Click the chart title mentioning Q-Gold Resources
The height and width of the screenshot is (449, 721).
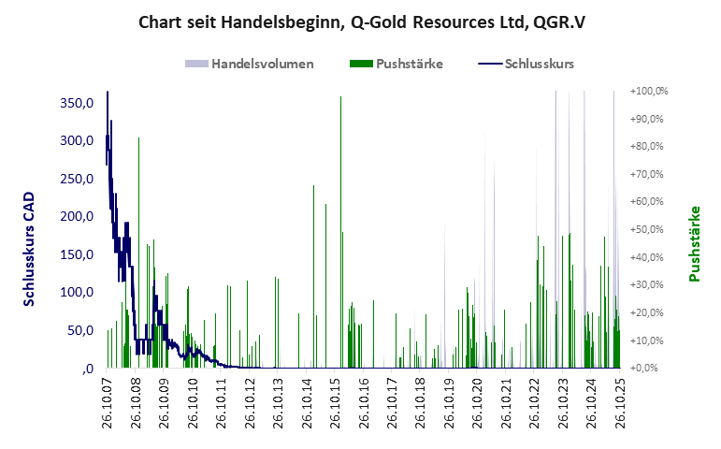tap(360, 22)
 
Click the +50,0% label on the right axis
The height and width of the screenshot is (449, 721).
tap(648, 230)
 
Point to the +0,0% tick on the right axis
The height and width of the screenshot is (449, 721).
tap(645, 369)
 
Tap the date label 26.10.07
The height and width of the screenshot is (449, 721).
tap(108, 402)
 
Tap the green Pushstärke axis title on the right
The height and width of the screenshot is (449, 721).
tap(695, 244)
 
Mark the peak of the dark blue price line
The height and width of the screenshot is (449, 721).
tap(108, 93)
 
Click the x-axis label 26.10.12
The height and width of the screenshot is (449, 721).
tap(250, 402)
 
